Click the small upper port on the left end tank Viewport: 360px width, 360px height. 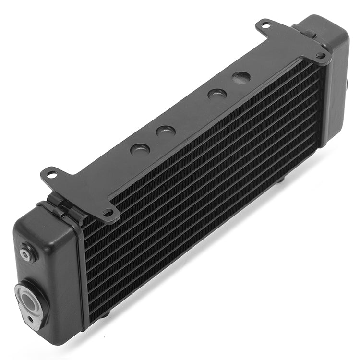(x=26, y=252)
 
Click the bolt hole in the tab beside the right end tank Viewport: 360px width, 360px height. (x=320, y=56)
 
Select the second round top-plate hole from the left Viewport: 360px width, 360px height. (x=165, y=131)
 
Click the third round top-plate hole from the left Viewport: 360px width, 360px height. (x=216, y=94)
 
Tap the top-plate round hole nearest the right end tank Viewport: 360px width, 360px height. (x=241, y=77)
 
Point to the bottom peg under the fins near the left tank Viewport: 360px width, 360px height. (x=106, y=314)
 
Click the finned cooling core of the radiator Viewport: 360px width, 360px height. (x=202, y=192)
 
